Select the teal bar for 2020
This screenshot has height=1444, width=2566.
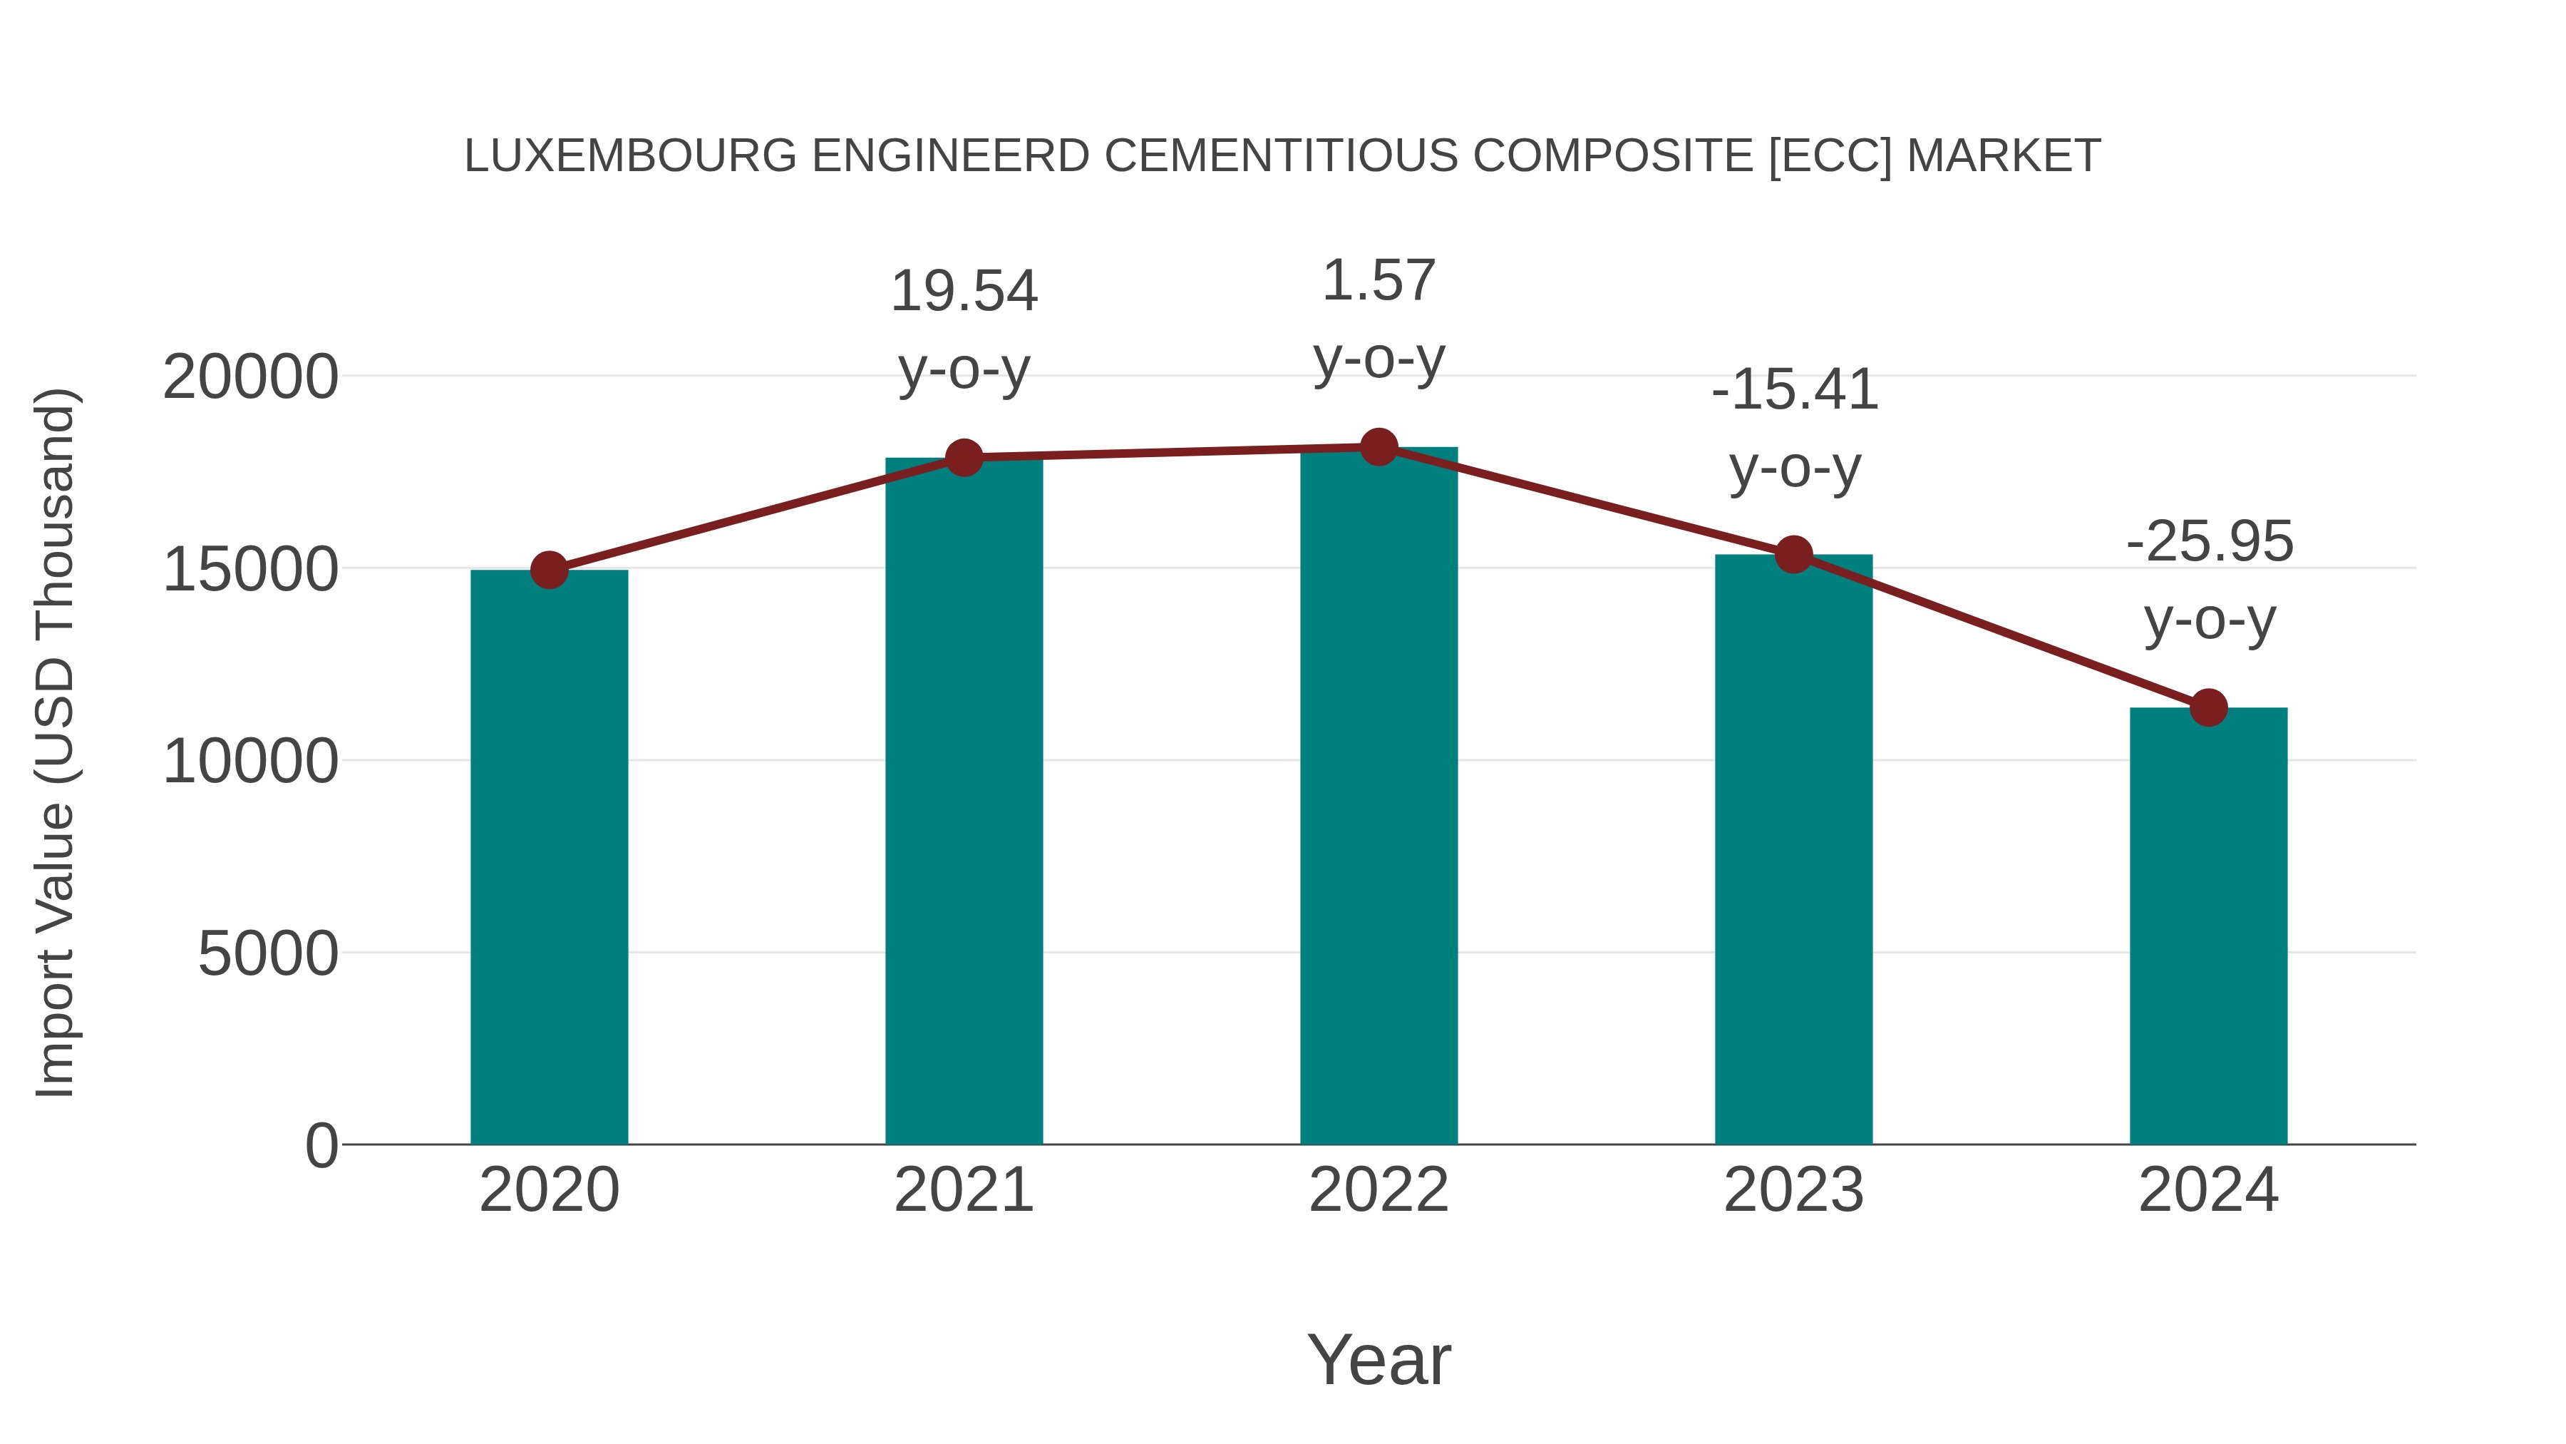pyautogui.click(x=549, y=857)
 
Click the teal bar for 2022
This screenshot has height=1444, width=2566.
pyautogui.click(x=1379, y=797)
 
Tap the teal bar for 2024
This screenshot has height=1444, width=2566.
pyautogui.click(x=2208, y=927)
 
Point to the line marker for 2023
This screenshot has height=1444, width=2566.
pyautogui.click(x=1794, y=554)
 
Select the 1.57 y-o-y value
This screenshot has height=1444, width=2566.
pyautogui.click(x=1379, y=280)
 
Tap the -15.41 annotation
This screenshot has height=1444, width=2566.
pyautogui.click(x=1794, y=389)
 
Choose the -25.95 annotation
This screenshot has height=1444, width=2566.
pyautogui.click(x=2208, y=542)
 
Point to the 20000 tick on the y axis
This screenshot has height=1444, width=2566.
pyautogui.click(x=250, y=378)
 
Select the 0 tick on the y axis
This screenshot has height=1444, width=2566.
pyautogui.click(x=321, y=1146)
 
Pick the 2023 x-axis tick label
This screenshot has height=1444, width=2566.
pyautogui.click(x=1794, y=1190)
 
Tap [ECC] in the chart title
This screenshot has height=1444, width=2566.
pyautogui.click(x=1830, y=156)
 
